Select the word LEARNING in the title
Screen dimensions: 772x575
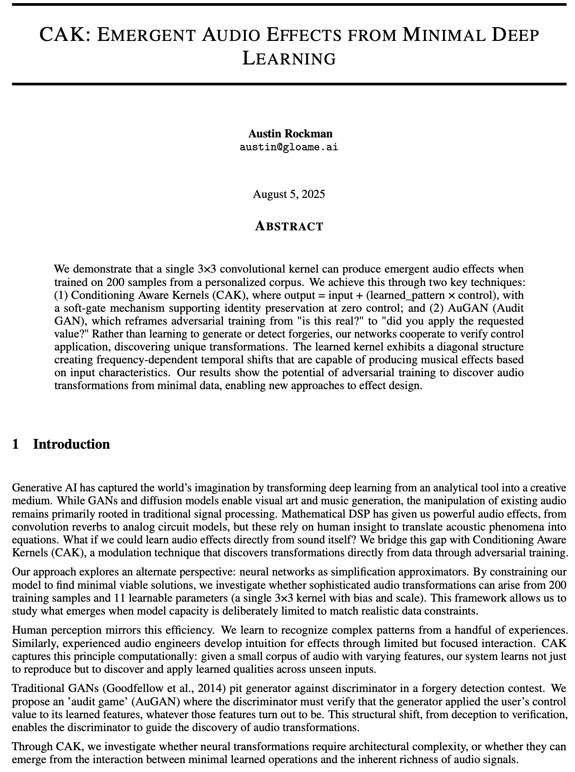click(x=289, y=59)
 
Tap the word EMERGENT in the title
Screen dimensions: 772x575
click(x=146, y=35)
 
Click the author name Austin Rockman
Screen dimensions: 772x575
click(x=290, y=133)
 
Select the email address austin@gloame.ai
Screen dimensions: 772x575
click(x=289, y=147)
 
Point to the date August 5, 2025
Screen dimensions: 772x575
click(x=289, y=194)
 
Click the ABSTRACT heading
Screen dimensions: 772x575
click(x=289, y=226)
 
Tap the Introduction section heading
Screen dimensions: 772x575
click(x=71, y=444)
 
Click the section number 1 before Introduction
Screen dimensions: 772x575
click(x=16, y=444)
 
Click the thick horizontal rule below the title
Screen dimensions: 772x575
click(x=289, y=84)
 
